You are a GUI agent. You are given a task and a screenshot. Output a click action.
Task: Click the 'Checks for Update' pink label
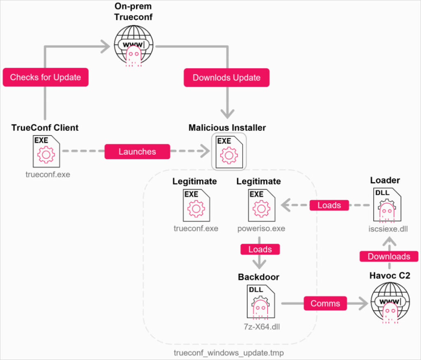[46, 77]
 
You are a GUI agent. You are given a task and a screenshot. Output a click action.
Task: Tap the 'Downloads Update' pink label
[227, 78]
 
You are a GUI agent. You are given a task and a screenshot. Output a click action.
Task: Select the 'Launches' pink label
[137, 152]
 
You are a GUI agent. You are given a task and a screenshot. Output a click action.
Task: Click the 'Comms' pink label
[325, 304]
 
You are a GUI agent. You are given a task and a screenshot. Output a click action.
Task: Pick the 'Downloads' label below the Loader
[389, 256]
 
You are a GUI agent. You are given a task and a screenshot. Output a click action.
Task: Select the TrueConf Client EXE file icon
[46, 151]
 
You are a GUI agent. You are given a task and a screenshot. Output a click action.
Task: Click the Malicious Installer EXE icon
[229, 151]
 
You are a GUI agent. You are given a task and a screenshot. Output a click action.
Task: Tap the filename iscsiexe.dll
[388, 229]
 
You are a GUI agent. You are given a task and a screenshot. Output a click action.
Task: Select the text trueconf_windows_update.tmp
[229, 353]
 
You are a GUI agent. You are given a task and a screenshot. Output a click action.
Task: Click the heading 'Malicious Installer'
[227, 128]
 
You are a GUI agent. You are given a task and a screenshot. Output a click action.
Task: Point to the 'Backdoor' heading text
[259, 277]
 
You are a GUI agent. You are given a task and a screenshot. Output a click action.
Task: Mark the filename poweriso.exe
[261, 228]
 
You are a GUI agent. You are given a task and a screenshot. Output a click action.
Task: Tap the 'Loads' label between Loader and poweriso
[329, 205]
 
